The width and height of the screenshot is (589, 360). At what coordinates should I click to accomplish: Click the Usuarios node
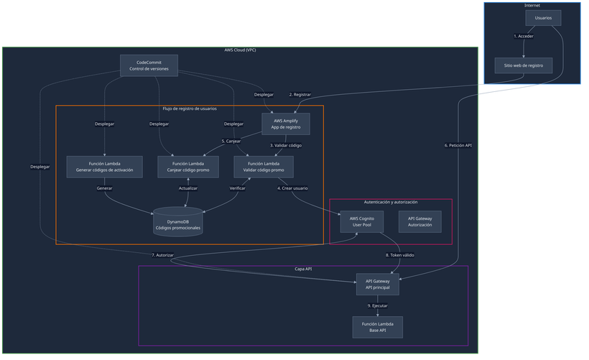543,18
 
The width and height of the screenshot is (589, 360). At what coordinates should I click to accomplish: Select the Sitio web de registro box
524,65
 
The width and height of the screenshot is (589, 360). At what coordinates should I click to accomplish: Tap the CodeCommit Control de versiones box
149,65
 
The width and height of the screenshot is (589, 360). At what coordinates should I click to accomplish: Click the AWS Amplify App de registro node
286,124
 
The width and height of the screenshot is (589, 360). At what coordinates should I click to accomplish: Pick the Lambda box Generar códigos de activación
106,167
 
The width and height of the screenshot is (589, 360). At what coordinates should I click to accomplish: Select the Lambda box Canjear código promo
187,167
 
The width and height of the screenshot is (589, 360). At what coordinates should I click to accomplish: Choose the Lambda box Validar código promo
264,167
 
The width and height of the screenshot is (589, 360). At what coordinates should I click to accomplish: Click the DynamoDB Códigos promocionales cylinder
178,223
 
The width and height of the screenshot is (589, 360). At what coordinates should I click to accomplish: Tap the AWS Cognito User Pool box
362,221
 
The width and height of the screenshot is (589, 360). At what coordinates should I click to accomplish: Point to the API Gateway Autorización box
420,221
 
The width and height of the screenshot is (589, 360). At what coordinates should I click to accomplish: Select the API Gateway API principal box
378,284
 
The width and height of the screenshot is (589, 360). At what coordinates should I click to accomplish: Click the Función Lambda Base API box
378,327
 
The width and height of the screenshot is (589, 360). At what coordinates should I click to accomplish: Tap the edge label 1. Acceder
524,35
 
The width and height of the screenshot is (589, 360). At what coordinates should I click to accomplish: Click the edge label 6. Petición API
458,145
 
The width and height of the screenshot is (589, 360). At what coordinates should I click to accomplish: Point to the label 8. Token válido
399,255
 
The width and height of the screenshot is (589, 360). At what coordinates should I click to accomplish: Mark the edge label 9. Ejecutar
378,306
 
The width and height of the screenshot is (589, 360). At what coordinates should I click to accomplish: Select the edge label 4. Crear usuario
292,188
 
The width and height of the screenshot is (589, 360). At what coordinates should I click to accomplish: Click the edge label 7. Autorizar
162,255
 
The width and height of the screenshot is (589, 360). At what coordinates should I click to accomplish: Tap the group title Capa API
303,269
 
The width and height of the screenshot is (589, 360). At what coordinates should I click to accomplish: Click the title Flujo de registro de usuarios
190,109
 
